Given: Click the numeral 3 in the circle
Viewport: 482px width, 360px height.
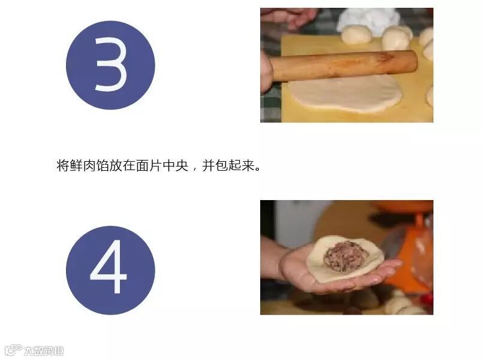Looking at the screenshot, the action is click(x=111, y=65).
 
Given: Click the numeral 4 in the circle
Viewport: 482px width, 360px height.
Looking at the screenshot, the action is click(x=108, y=267).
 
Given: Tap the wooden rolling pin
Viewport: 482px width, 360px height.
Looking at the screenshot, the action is click(x=344, y=66).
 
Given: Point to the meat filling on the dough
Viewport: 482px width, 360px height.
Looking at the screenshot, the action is click(x=347, y=256).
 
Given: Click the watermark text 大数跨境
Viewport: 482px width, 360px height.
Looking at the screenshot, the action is click(x=44, y=350).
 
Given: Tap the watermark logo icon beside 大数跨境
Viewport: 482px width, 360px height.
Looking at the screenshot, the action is click(x=14, y=350).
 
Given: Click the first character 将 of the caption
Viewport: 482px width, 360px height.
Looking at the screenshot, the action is click(x=63, y=165).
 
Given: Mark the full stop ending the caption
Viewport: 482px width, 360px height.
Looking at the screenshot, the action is click(x=258, y=169).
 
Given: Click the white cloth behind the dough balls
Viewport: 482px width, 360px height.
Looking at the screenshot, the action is click(x=368, y=18).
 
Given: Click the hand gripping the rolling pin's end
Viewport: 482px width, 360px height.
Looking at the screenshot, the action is click(x=266, y=72).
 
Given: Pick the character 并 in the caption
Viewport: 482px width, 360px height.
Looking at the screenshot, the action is click(x=208, y=165).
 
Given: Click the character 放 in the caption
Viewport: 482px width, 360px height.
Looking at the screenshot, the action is click(x=116, y=165).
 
